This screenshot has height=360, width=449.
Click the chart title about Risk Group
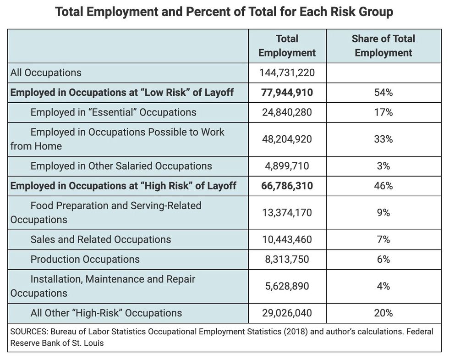(224, 12)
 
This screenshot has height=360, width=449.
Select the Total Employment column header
(287, 46)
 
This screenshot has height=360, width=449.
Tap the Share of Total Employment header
(383, 46)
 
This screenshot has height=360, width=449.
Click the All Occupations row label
(46, 73)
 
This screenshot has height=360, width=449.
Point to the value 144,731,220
(287, 73)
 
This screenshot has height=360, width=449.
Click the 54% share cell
(383, 93)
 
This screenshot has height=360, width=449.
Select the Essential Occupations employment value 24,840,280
(287, 112)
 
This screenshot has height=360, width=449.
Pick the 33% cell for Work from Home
(383, 139)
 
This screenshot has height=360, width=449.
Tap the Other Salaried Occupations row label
(121, 166)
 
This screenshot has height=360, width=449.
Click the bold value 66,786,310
(287, 186)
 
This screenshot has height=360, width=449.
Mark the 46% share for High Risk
(383, 186)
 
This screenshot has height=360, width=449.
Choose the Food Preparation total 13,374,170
(287, 213)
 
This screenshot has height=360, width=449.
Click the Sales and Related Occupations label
(101, 239)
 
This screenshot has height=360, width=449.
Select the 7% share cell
(383, 239)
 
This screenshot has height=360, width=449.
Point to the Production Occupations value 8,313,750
(287, 260)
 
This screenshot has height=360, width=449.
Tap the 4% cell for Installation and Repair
(383, 286)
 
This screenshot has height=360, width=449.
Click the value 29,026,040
(287, 313)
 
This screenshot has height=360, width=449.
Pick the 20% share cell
(383, 313)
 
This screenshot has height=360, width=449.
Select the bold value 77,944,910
(287, 93)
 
